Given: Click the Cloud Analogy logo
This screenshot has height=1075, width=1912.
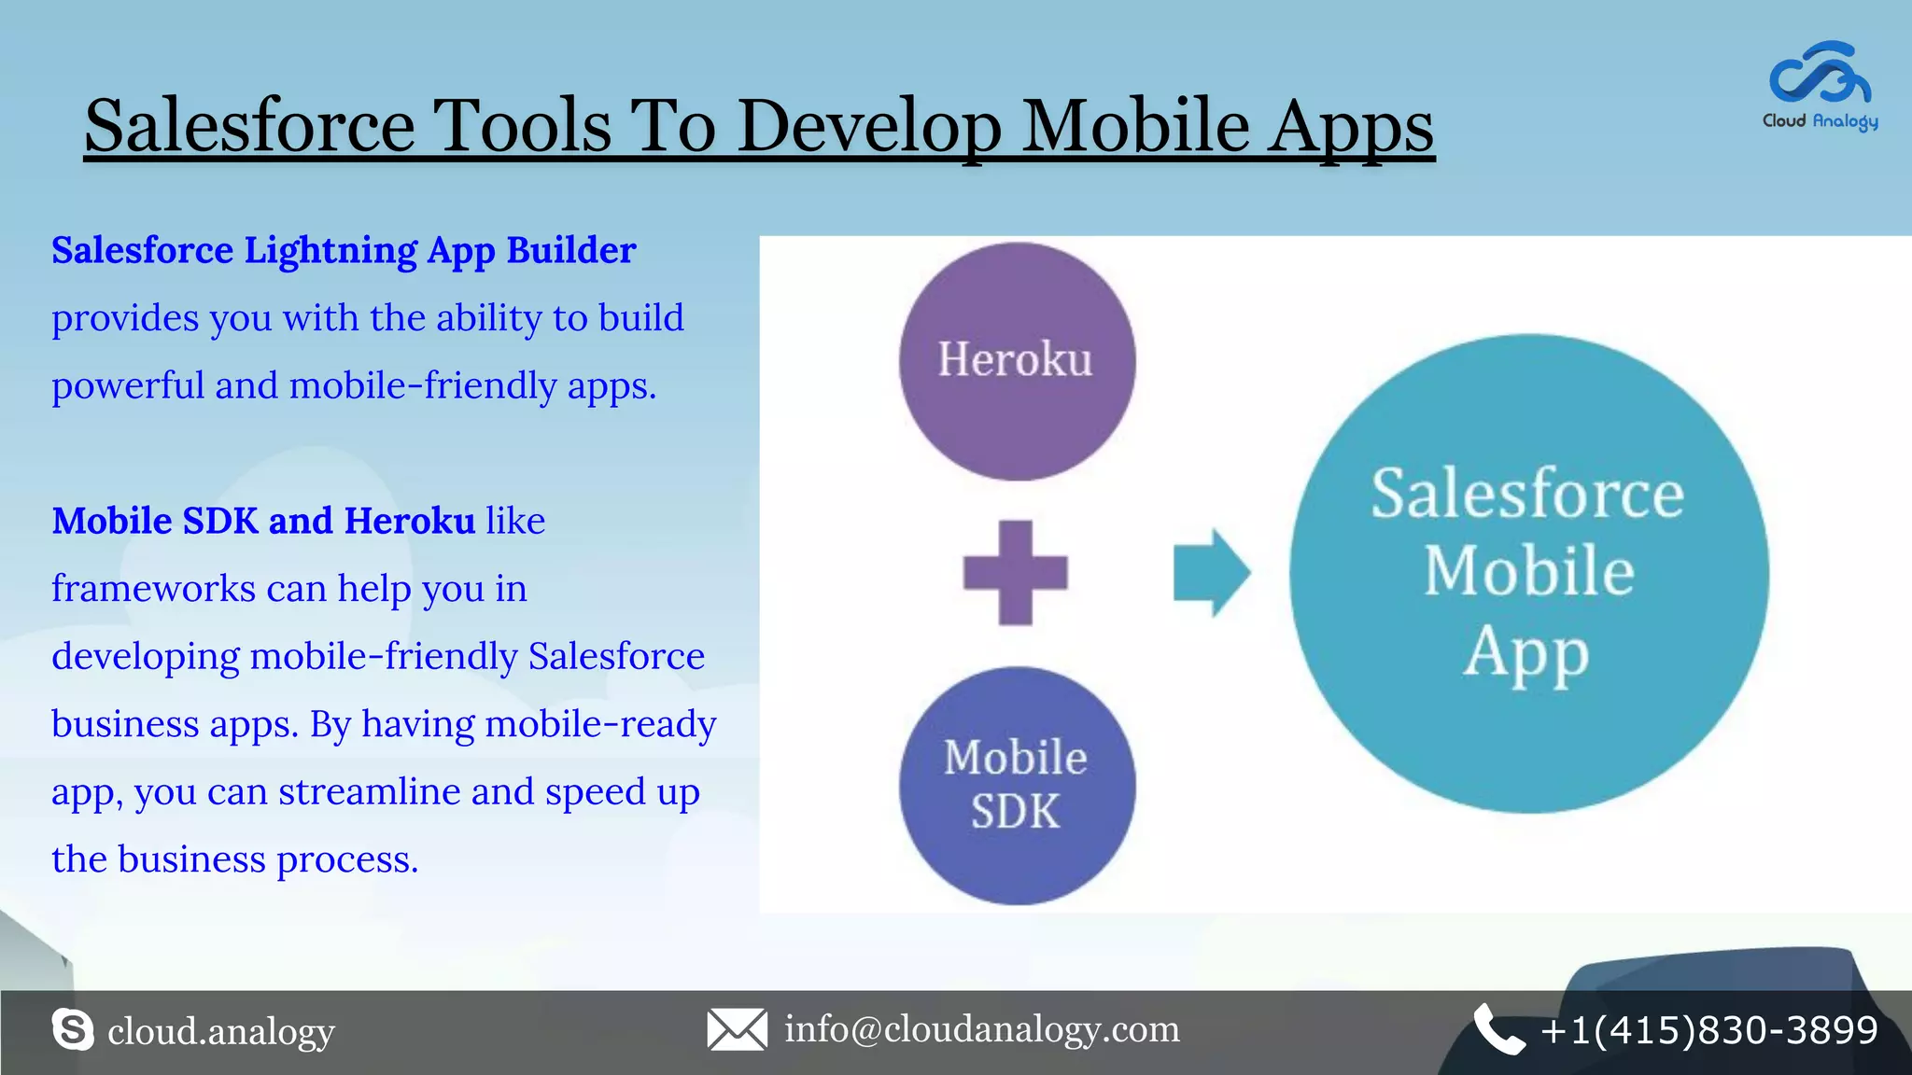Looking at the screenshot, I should pyautogui.click(x=1820, y=84).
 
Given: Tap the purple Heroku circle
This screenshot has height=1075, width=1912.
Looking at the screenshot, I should pyautogui.click(x=1017, y=361).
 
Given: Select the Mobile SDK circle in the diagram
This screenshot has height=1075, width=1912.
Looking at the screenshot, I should pyautogui.click(x=1017, y=785).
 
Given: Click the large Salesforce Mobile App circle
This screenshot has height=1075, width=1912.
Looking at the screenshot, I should pyautogui.click(x=1528, y=573).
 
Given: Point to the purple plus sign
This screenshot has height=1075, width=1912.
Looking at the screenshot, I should pyautogui.click(x=1016, y=572).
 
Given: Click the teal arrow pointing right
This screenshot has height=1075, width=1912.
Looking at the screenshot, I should pyautogui.click(x=1211, y=572).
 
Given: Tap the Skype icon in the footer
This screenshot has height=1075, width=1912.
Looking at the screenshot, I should pyautogui.click(x=73, y=1029).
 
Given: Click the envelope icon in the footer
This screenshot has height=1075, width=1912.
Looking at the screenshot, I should pyautogui.click(x=737, y=1029).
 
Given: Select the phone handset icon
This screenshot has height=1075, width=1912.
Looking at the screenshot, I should pyautogui.click(x=1498, y=1029).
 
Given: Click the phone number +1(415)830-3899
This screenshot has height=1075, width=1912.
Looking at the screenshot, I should pyautogui.click(x=1709, y=1030).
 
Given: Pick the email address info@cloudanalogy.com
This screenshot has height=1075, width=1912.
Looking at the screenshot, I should pyautogui.click(x=982, y=1029).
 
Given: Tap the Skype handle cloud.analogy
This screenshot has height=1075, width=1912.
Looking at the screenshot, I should pyautogui.click(x=221, y=1032).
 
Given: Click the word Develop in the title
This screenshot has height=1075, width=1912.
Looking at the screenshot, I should pyautogui.click(x=869, y=127).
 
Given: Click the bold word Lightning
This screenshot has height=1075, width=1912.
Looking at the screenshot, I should pyautogui.click(x=330, y=252).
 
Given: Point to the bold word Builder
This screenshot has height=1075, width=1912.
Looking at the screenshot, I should pyautogui.click(x=570, y=250).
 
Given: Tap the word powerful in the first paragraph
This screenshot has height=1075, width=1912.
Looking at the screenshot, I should pyautogui.click(x=127, y=385).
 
